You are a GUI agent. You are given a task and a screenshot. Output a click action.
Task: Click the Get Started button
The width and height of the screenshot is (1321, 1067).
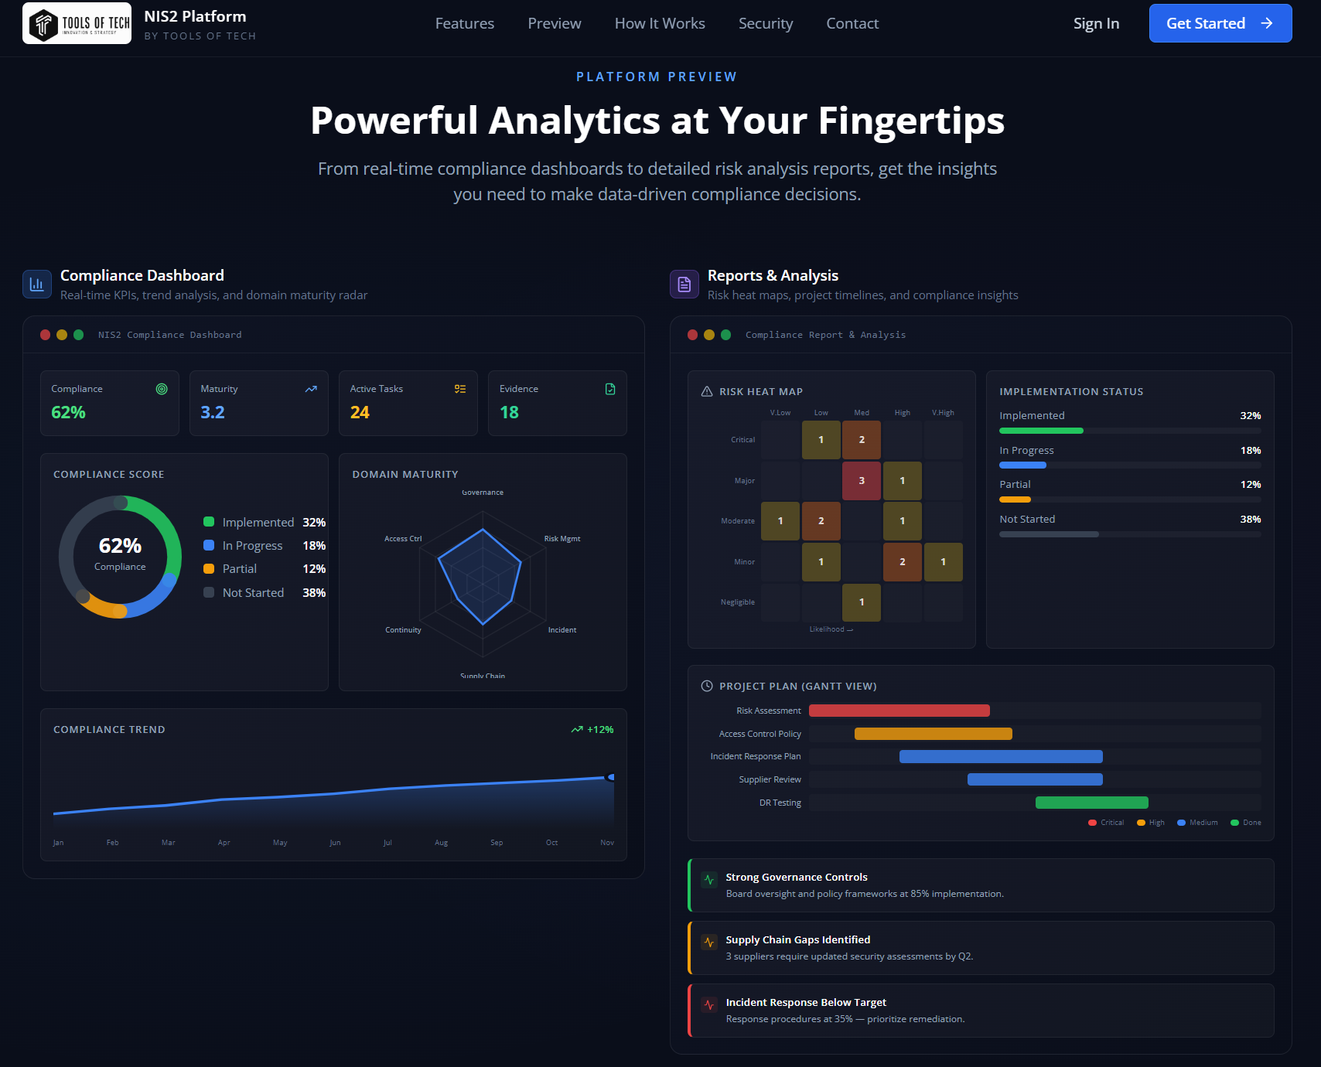[1220, 23]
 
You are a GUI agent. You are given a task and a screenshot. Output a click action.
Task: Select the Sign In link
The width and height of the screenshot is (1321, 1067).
[1096, 24]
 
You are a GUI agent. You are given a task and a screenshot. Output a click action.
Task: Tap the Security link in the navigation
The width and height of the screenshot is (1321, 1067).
[765, 24]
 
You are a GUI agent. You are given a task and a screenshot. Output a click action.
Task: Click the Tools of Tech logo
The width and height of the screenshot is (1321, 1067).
[77, 23]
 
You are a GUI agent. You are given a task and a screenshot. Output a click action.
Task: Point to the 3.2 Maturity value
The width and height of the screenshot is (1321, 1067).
[213, 413]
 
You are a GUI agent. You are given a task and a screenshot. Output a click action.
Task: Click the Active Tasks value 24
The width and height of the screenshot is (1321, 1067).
[360, 413]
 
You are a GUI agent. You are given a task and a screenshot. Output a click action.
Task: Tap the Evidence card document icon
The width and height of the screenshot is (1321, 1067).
[610, 389]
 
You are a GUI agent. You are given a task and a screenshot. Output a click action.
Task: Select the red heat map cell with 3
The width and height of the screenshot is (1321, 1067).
[862, 481]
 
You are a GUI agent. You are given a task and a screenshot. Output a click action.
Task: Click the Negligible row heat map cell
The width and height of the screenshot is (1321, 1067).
[862, 602]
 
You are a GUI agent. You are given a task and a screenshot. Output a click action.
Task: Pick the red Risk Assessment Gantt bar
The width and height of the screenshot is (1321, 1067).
[899, 711]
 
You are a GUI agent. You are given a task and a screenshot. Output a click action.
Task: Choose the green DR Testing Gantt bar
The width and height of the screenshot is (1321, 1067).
[1091, 803]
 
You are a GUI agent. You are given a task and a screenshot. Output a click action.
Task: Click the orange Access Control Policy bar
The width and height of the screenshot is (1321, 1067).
[933, 734]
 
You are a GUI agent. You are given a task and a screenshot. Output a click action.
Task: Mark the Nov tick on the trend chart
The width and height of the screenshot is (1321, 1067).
[607, 843]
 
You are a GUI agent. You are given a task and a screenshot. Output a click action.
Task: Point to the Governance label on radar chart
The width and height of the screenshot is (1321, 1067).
[483, 493]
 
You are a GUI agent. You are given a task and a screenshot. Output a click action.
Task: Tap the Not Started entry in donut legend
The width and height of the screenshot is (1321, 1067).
[253, 593]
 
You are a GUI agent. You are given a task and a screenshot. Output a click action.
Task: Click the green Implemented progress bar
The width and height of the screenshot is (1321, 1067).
[1041, 431]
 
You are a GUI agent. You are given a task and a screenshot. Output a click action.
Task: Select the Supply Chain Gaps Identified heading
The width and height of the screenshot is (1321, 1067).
[797, 940]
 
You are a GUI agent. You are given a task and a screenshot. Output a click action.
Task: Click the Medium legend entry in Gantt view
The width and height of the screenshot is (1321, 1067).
[1197, 823]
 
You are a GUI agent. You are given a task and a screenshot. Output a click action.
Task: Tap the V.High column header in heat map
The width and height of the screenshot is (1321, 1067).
[943, 413]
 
